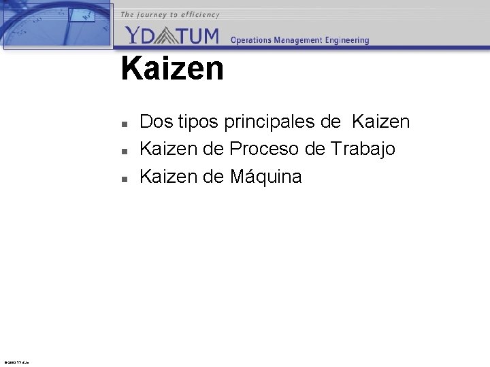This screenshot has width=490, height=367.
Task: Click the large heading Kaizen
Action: tap(172, 69)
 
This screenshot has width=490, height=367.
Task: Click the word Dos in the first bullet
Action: tap(157, 122)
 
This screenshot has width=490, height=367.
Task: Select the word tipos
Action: tap(198, 122)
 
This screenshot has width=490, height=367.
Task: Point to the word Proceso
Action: tap(263, 148)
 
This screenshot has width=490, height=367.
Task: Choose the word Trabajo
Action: tap(363, 148)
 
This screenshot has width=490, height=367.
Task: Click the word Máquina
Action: tap(265, 177)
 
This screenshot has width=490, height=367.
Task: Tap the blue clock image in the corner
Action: tap(58, 24)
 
